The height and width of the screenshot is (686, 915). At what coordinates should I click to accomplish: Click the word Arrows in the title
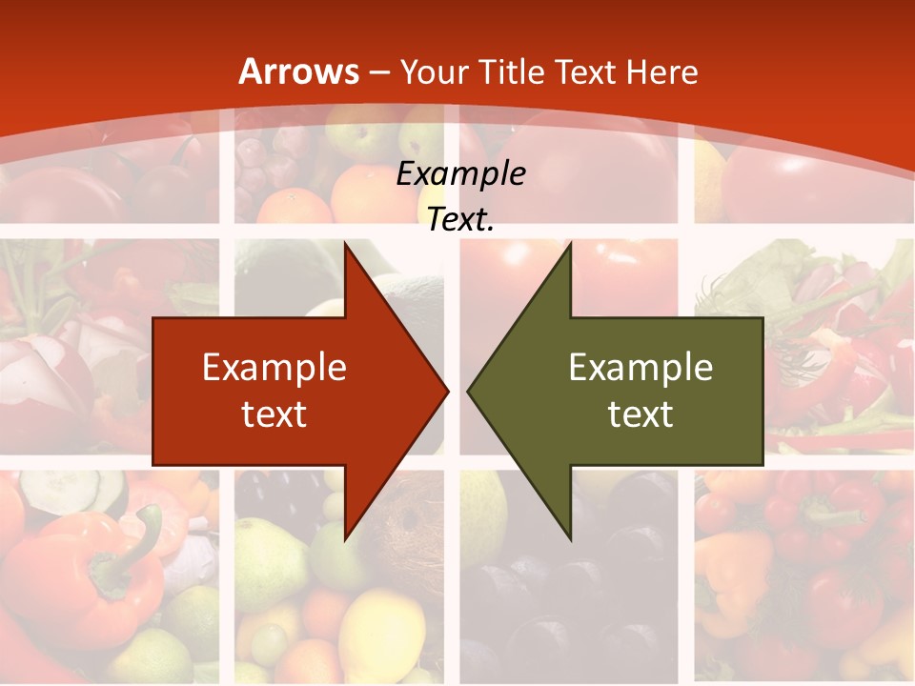[x=299, y=72]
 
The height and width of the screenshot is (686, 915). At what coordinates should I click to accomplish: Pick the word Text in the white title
[x=588, y=72]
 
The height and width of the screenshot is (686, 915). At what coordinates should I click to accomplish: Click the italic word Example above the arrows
[x=460, y=174]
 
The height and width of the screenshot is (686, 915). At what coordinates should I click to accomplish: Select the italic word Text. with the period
[x=460, y=220]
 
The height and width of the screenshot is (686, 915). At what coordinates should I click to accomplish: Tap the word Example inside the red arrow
[x=274, y=368]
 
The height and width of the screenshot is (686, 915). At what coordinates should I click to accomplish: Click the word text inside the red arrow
[x=274, y=414]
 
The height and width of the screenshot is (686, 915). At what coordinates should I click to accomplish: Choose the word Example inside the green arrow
[x=640, y=368]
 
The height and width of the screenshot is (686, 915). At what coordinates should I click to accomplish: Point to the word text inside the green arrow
[x=640, y=414]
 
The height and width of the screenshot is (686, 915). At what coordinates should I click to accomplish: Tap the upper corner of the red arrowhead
[x=345, y=245]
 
